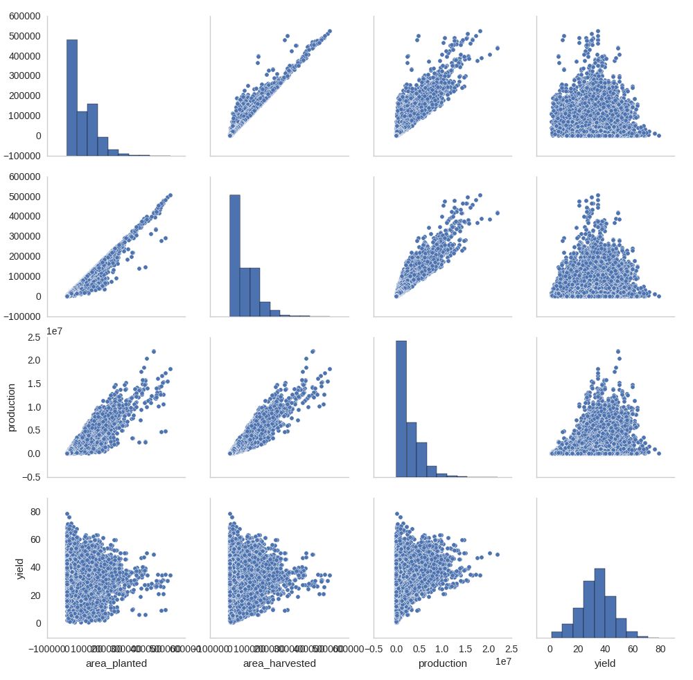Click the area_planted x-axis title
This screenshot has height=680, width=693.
click(116, 663)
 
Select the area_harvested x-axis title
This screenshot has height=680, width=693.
click(279, 663)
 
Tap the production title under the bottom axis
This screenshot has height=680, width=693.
click(442, 663)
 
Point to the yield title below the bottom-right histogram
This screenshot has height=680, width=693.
click(605, 663)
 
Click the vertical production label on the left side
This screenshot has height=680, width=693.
click(12, 406)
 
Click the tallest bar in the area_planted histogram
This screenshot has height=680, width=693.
click(72, 97)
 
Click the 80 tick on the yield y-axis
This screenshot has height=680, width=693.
click(35, 512)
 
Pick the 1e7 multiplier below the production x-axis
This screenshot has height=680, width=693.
click(505, 662)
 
